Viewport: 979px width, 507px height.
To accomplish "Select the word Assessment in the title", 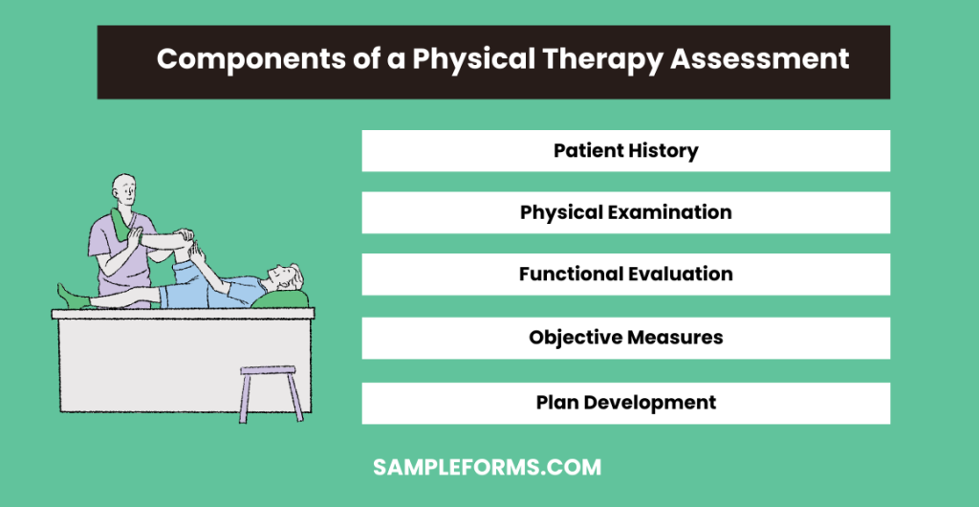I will click(x=759, y=59).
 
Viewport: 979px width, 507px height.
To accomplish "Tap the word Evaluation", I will click(x=682, y=275).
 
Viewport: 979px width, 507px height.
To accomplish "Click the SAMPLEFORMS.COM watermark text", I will click(x=487, y=469).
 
